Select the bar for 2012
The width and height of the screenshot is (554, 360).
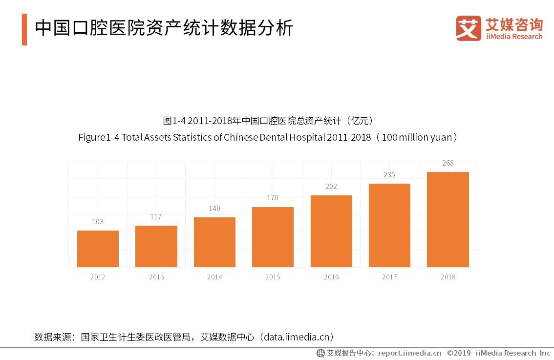98,249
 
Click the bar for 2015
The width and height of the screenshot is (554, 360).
273,237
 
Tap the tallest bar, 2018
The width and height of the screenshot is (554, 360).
447,219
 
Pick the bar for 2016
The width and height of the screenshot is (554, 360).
331,231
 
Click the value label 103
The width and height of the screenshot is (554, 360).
98,222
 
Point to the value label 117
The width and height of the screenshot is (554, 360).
156,217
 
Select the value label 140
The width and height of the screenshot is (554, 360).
214,209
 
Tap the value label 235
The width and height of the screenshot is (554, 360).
389,175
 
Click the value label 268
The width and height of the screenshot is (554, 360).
447,163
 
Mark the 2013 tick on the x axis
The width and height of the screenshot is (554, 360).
156,277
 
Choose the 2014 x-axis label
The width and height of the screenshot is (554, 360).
214,277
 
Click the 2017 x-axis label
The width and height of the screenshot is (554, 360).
389,277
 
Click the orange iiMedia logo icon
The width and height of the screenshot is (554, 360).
469,28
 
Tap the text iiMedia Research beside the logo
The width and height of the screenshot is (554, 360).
514,37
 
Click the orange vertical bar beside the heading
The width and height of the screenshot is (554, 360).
24,29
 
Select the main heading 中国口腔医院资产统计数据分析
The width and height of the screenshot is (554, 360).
164,28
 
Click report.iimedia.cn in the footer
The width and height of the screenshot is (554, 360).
409,353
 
